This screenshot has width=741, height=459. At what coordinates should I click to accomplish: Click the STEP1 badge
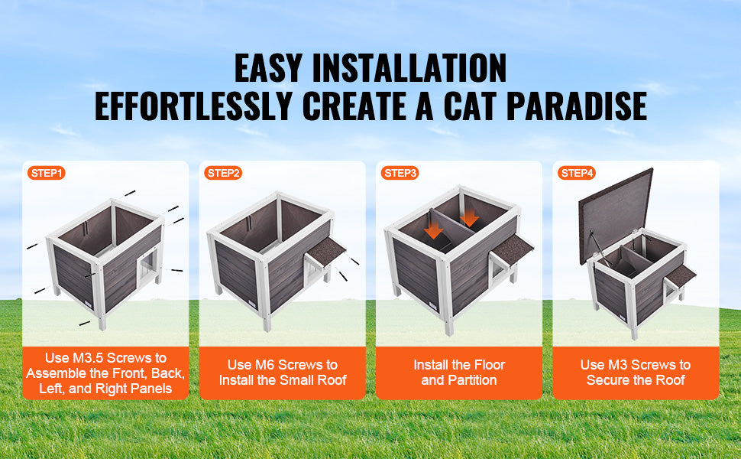[x=47, y=174]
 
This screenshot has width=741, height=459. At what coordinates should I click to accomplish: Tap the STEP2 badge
[x=224, y=174]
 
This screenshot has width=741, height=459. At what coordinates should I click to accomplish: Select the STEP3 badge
[x=400, y=174]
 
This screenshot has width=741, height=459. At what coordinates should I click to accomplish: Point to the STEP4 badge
[x=578, y=174]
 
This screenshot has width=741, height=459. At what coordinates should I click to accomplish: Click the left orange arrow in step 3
[x=434, y=229]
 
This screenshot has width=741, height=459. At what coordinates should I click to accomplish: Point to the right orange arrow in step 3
[x=469, y=219]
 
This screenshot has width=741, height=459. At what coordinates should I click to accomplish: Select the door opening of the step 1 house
[x=147, y=269]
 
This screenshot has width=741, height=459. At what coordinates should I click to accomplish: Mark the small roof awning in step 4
[x=681, y=275]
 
